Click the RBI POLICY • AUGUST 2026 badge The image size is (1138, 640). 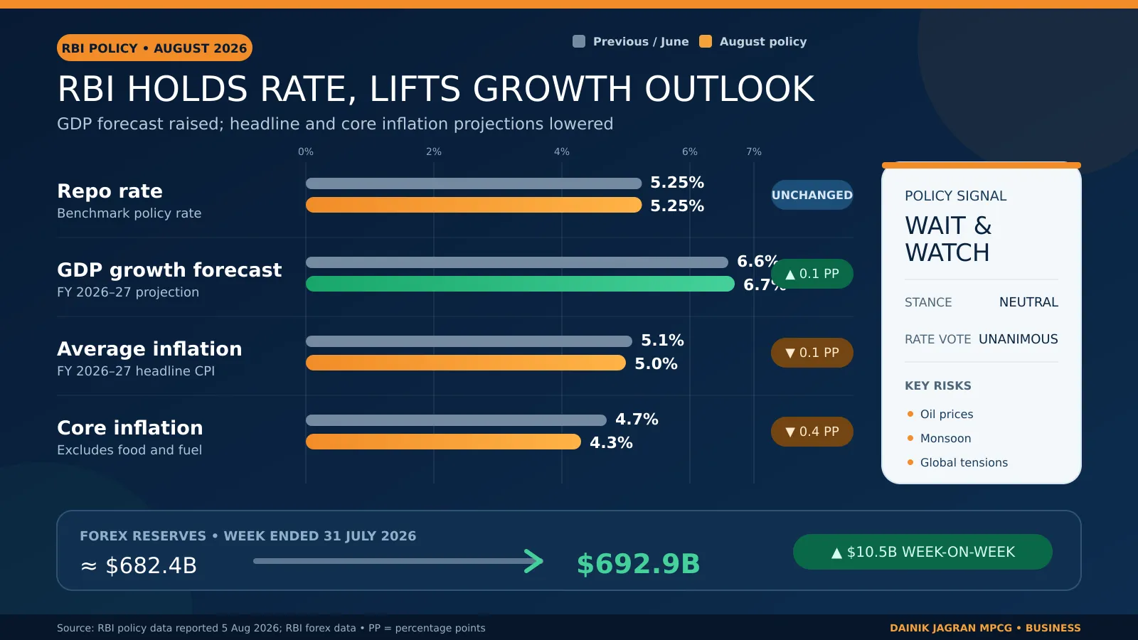(x=154, y=48)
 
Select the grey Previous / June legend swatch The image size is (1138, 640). (x=579, y=42)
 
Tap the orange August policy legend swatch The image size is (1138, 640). (x=705, y=42)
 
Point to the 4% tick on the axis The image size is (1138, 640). (x=561, y=152)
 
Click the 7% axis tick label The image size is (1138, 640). (x=753, y=152)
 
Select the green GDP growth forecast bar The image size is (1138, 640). (x=520, y=284)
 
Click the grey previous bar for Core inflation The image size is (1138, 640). (x=456, y=420)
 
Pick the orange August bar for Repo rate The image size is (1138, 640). (x=474, y=206)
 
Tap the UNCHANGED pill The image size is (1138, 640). (x=812, y=195)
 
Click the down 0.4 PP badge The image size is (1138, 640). (x=812, y=432)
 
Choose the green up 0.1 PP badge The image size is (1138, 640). (x=812, y=274)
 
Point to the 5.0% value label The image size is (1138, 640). (x=656, y=363)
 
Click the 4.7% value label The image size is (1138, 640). (x=637, y=419)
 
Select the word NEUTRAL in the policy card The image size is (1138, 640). (x=1028, y=302)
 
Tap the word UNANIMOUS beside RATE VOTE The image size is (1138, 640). (x=1018, y=339)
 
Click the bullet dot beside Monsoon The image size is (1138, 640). (x=910, y=438)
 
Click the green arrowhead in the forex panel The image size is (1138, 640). (x=534, y=561)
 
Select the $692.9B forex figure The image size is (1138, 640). (x=638, y=564)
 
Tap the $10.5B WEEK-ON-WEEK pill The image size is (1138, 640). (x=922, y=552)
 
